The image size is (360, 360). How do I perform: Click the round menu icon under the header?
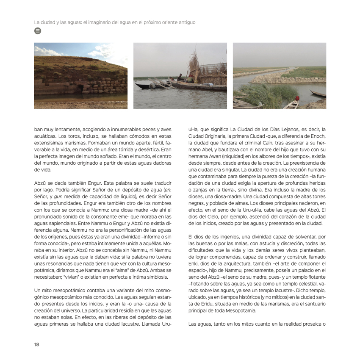[37, 30]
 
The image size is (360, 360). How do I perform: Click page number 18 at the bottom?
[37, 344]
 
